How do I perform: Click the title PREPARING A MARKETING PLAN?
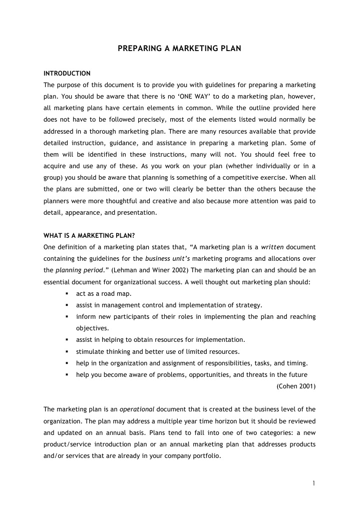pyautogui.click(x=180, y=49)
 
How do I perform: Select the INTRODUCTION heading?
pyautogui.click(x=67, y=74)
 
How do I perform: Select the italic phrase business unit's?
pyautogui.click(x=167, y=258)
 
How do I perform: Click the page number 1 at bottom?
pyautogui.click(x=313, y=483)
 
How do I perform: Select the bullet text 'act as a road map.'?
pyautogui.click(x=104, y=293)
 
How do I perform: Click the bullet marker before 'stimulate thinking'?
pyautogui.click(x=66, y=351)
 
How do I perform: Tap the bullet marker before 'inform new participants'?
pyautogui.click(x=66, y=317)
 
